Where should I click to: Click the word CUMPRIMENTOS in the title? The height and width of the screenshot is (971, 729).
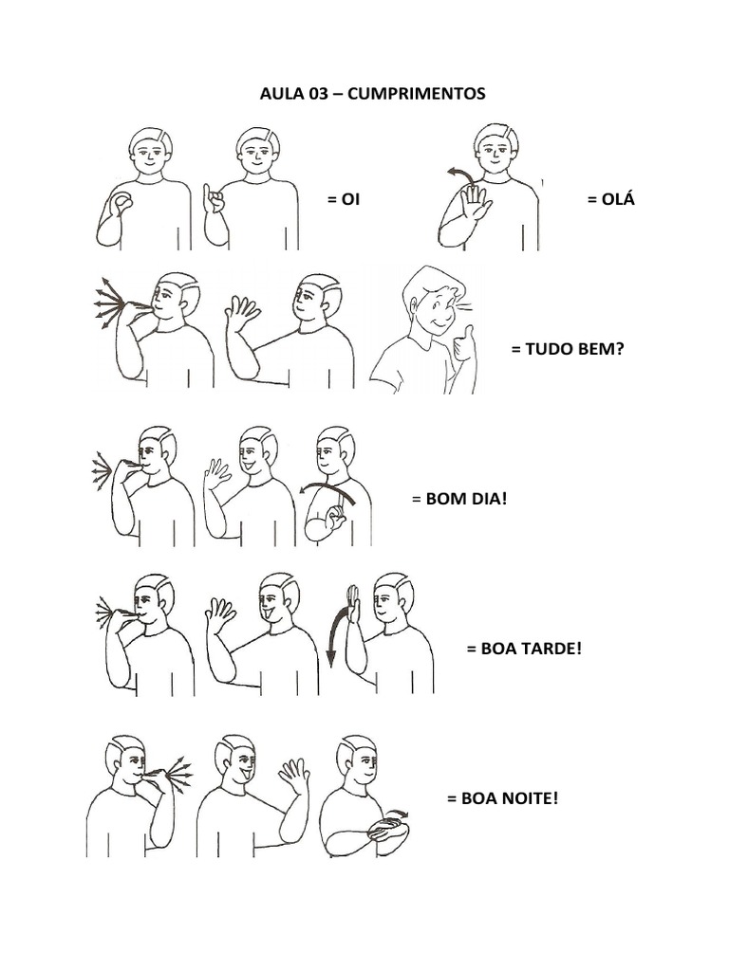pyautogui.click(x=417, y=94)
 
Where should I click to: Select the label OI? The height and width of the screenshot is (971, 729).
pyautogui.click(x=351, y=199)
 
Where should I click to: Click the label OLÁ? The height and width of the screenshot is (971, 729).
pyautogui.click(x=618, y=199)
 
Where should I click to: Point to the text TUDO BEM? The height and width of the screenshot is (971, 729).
pyautogui.click(x=574, y=349)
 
